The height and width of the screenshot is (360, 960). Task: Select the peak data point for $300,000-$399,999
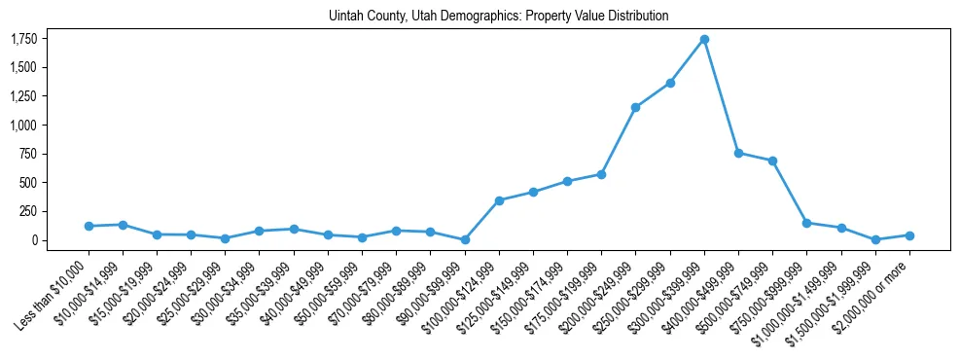(x=704, y=40)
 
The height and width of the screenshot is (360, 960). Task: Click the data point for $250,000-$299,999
(x=670, y=83)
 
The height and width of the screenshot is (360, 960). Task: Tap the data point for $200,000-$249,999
(x=635, y=107)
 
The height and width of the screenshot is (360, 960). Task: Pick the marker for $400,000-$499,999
(x=738, y=153)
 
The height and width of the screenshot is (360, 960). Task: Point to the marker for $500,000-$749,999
(x=772, y=161)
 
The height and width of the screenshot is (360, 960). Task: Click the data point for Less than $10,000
(x=89, y=226)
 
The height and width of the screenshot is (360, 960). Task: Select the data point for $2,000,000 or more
(x=909, y=235)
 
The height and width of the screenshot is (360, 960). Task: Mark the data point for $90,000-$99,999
(x=465, y=239)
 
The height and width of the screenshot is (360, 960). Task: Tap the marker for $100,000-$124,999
(x=499, y=200)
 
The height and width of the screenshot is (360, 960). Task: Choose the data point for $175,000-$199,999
(x=601, y=174)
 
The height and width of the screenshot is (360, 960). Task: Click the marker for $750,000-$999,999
(x=806, y=223)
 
